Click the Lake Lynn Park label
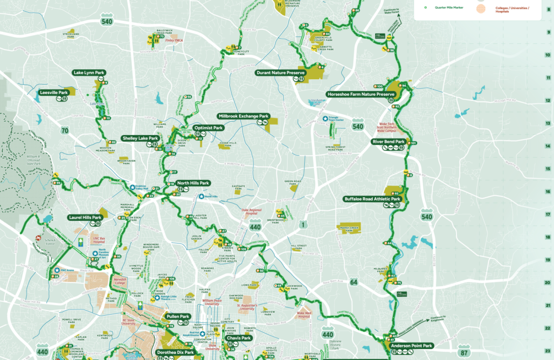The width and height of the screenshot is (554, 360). (x=89, y=73)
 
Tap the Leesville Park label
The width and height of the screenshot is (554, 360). (x=54, y=92)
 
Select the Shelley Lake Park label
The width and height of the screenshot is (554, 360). (x=141, y=138)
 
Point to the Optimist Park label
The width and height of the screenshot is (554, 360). (x=208, y=128)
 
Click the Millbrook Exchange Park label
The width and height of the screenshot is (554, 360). (x=244, y=116)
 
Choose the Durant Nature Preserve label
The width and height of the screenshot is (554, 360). (x=280, y=73)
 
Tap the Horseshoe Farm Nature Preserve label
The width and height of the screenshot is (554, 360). (x=361, y=94)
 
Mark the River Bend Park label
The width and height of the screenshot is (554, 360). (x=388, y=142)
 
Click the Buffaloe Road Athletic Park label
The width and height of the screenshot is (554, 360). (x=372, y=198)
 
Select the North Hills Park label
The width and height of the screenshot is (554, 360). (x=193, y=183)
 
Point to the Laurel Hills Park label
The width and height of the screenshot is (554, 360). (x=85, y=218)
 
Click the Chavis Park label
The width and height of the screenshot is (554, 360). (x=238, y=338)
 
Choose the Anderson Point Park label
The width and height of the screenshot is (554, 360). (x=411, y=346)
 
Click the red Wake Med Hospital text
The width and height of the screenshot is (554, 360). (x=304, y=315)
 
